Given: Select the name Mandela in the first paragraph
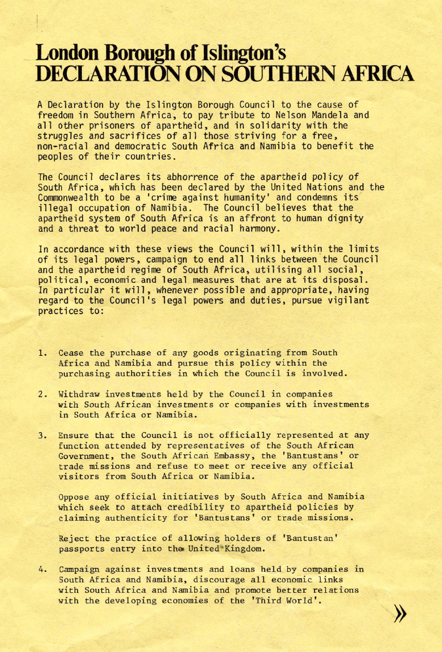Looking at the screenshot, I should (349, 115).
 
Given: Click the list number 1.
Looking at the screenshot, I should (42, 353).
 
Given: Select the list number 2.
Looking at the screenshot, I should (42, 394).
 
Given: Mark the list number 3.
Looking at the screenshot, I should (42, 435).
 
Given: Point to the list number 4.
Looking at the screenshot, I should (42, 569).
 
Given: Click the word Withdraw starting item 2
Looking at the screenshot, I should (79, 394).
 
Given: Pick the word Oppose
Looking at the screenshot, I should (74, 496).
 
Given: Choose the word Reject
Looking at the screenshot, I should (74, 538).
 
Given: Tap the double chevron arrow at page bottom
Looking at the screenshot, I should (399, 614).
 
